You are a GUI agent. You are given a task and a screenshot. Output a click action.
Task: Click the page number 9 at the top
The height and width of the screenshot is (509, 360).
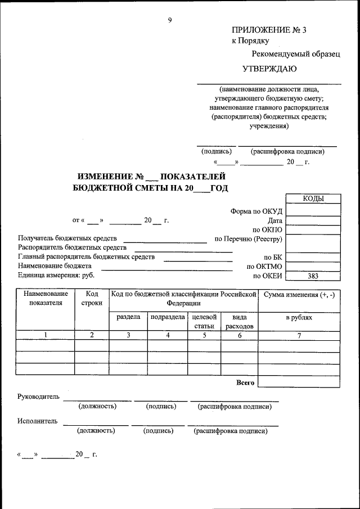(x=170, y=20)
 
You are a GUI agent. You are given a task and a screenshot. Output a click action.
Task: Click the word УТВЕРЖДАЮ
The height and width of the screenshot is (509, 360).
(x=269, y=69)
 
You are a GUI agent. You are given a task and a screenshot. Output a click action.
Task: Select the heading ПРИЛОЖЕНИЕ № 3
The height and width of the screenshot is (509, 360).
(x=269, y=30)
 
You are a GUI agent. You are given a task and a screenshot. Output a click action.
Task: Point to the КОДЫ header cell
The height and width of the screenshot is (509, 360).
(x=313, y=199)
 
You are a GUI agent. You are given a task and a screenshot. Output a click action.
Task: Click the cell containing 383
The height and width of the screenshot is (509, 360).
(x=313, y=276)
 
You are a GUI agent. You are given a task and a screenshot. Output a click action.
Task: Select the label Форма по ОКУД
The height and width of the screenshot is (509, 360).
(x=256, y=211)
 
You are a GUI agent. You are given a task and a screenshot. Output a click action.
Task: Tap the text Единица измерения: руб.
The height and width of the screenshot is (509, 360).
(x=56, y=275)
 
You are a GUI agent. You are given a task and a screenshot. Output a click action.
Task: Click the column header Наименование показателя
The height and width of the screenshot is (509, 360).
(x=46, y=298)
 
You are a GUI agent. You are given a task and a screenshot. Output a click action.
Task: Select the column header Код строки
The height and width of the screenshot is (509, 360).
(x=92, y=298)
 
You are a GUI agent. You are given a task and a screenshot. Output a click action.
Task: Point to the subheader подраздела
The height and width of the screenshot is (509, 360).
(x=168, y=317)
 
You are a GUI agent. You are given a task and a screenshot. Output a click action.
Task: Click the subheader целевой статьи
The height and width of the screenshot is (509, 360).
(x=204, y=321)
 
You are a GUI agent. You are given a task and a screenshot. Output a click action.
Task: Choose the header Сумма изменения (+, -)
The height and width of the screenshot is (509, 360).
(x=299, y=294)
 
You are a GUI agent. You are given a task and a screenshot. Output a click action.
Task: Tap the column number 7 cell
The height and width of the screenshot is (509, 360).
(x=299, y=335)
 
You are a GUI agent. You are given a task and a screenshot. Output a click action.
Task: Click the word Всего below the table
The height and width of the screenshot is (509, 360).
(x=245, y=382)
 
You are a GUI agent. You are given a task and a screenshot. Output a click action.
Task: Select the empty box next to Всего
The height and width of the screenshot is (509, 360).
(x=299, y=382)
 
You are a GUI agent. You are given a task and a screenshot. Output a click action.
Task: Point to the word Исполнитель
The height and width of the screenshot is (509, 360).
(x=37, y=421)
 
